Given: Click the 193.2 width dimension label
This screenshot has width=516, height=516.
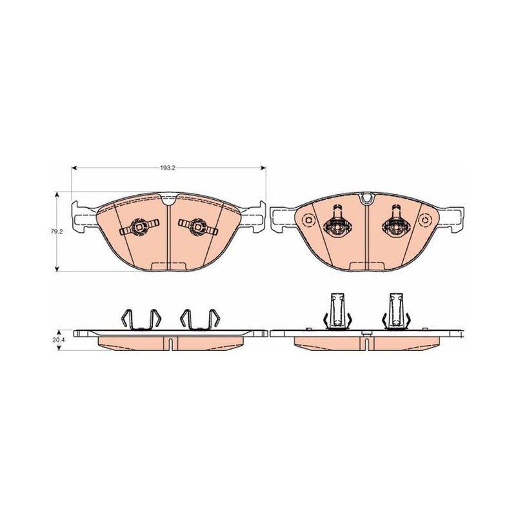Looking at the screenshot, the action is [168, 168].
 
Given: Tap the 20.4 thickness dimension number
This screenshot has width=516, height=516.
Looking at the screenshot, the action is [57, 340].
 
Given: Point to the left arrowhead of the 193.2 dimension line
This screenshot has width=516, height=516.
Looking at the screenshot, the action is [74, 168].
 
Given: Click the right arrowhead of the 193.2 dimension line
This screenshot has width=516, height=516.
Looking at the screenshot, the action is [263, 168].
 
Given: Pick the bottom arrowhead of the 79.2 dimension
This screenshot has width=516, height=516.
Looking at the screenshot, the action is [57, 269].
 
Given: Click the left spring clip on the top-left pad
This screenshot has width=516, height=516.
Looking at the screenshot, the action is [139, 227].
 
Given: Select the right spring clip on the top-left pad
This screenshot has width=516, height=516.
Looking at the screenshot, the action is [198, 227].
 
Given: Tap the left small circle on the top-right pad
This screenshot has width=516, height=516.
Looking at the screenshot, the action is [308, 220].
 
